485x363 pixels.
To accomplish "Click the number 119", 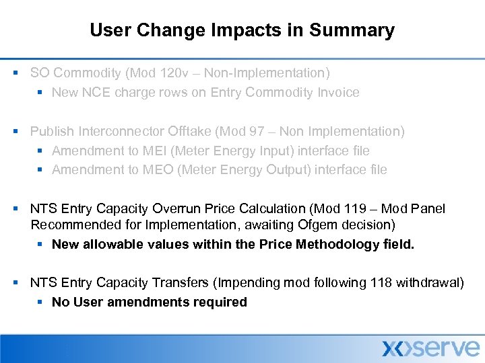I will coord(356,209).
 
